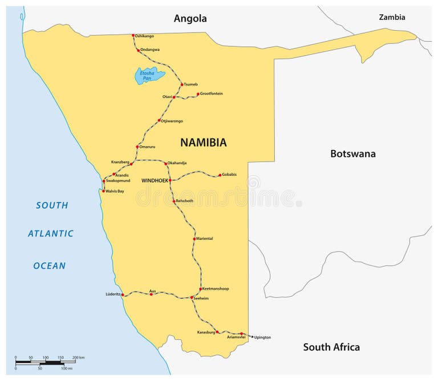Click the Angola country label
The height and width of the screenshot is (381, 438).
190,19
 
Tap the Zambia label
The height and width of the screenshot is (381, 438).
392,17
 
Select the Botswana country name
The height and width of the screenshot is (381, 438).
352,153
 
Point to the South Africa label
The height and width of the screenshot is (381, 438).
331,347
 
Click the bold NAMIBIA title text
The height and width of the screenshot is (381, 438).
203,143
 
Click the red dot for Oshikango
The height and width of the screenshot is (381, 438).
133,35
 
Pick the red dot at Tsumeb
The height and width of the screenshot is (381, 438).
182,84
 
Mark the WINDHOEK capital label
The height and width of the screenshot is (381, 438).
155,180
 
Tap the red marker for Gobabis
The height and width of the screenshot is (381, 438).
220,175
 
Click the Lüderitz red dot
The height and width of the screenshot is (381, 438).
123,295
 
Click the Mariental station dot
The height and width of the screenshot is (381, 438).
195,238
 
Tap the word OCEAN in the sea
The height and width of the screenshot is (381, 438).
49,265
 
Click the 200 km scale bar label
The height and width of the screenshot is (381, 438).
78,357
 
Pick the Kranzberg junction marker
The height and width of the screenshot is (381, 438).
131,164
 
